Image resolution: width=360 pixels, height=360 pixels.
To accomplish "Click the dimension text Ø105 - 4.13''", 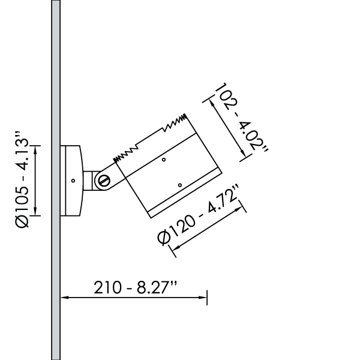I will tap(22, 180).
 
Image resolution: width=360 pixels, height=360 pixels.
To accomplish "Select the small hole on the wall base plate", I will tap(72, 180).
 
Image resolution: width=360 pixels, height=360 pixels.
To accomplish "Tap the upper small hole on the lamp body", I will tap(164, 160).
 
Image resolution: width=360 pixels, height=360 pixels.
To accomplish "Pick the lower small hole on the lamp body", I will tap(180, 184).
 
